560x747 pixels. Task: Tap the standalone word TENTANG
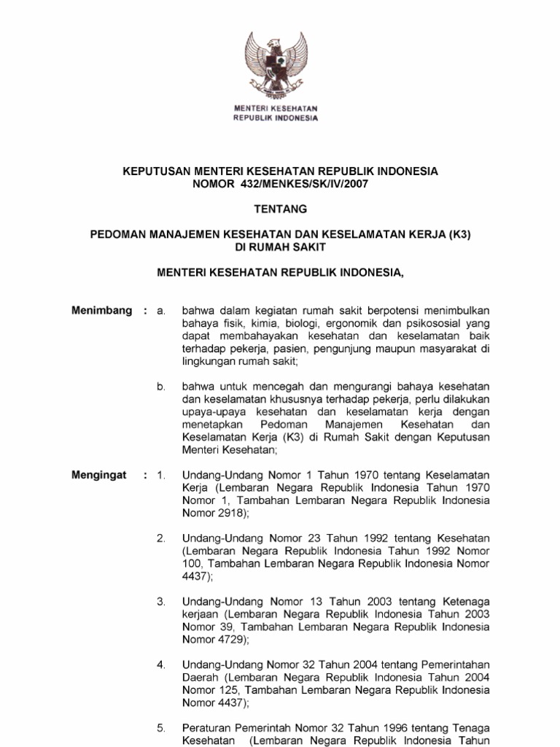[280, 209]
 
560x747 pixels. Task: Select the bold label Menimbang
[102, 311]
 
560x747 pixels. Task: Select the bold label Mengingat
[99, 476]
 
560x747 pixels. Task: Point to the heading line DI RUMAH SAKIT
[280, 247]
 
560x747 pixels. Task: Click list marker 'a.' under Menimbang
[162, 311]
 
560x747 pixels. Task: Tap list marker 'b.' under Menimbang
[162, 385]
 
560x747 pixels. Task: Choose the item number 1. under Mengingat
[161, 476]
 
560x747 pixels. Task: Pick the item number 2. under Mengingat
[161, 538]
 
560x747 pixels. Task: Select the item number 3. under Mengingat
[161, 601]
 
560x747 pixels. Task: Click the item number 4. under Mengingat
[161, 665]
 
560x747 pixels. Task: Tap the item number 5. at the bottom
[161, 728]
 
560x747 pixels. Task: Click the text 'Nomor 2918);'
[215, 514]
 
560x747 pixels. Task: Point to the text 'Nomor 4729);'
[215, 640]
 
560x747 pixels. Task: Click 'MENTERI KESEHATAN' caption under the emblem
[276, 109]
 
